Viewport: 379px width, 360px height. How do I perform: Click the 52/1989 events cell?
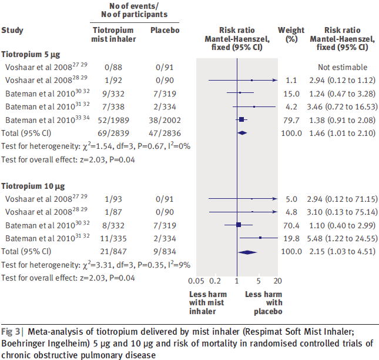[x=113, y=119]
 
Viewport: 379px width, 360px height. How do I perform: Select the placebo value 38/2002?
[x=161, y=119]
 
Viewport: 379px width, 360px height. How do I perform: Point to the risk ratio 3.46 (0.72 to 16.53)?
[x=341, y=106]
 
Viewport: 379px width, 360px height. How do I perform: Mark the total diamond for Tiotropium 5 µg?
[x=241, y=133]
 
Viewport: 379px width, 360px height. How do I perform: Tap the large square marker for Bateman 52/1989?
[x=241, y=119]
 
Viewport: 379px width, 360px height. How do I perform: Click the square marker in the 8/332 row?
[x=239, y=225]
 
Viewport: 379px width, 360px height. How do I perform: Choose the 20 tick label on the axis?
[x=278, y=281]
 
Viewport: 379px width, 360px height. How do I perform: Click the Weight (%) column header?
[x=291, y=34]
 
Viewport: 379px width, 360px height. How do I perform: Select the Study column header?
[x=12, y=30]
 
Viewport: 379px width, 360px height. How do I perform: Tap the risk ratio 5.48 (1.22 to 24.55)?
[x=341, y=238]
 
